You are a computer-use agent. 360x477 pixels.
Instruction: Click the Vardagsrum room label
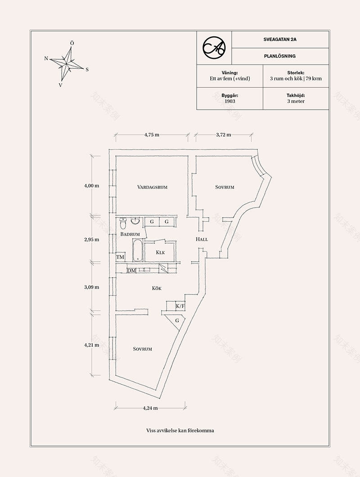pos(152,187)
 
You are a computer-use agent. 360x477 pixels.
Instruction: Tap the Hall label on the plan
pos(202,239)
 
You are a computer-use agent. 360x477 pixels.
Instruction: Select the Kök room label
pos(157,288)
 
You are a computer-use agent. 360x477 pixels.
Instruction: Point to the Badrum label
pos(130,234)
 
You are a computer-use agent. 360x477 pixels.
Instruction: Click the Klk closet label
pos(160,252)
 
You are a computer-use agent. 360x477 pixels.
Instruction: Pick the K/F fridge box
pos(180,306)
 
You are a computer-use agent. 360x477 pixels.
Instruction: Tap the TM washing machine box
pos(120,257)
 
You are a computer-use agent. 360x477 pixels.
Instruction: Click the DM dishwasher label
pos(131,270)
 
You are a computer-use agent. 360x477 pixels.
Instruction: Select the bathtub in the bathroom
pos(137,250)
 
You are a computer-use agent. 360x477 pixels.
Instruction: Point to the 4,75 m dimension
pos(152,134)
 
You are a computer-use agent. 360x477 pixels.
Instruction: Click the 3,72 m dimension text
pos(223,134)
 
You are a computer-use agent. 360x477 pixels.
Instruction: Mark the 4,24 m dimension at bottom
pos(150,408)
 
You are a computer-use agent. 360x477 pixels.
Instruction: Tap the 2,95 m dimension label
pos(91,239)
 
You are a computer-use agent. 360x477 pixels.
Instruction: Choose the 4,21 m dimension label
pos(91,345)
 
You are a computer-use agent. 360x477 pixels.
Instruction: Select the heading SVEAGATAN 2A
pos(280,40)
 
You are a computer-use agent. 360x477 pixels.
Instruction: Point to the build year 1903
pos(229,101)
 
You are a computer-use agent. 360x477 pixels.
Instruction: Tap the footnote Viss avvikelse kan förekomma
pos(180,430)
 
